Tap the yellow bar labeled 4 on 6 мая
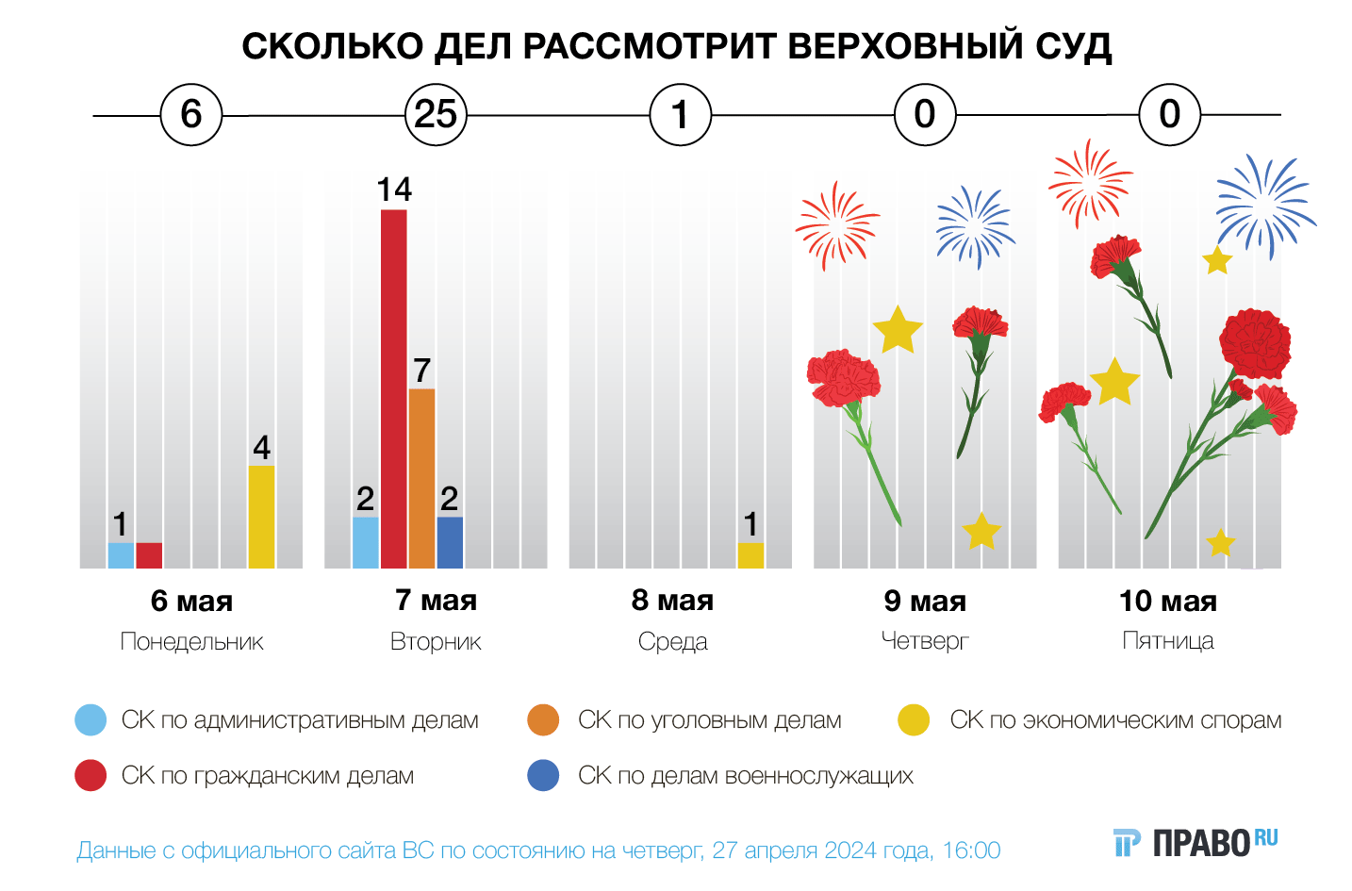pos(261,517)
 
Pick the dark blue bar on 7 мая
pos(450,542)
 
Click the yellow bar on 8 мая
pos(750,555)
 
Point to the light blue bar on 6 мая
pos(121,555)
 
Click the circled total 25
pos(436,115)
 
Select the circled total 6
pos(191,115)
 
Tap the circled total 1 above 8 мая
pos(680,115)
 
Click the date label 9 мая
pos(925,601)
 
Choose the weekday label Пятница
pos(1168,641)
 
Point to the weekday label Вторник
pos(436,642)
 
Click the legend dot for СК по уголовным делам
pos(543,720)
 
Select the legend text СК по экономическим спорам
pos(1115,720)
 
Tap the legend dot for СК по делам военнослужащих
pos(543,775)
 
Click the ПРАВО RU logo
pos(1195,842)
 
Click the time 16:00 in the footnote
pos(971,850)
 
